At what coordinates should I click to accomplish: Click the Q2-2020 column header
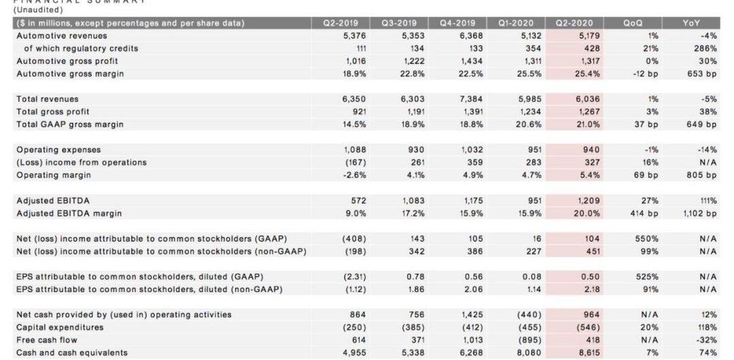click(x=574, y=23)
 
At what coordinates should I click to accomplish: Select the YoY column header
click(x=691, y=23)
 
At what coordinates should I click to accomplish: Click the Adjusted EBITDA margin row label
click(x=69, y=213)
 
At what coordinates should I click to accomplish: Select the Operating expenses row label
click(x=58, y=149)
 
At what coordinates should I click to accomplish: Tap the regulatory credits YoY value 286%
click(x=705, y=48)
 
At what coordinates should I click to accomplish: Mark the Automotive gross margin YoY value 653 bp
click(x=701, y=74)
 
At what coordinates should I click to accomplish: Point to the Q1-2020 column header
click(x=516, y=23)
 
